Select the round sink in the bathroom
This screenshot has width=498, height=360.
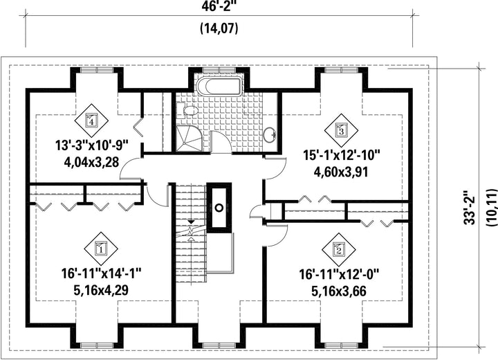[x=270, y=134]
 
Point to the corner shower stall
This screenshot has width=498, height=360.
[x=189, y=138]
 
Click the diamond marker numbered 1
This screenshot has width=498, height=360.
[x=101, y=249]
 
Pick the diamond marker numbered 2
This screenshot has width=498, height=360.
[x=339, y=251]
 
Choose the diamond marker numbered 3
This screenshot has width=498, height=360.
[x=341, y=130]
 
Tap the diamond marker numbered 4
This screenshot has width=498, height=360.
[x=91, y=121]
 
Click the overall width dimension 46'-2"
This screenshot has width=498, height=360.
[x=219, y=6]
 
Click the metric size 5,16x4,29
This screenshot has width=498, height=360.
[x=101, y=290]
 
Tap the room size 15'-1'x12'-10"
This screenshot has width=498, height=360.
[x=341, y=156]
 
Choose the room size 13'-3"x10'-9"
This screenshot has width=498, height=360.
[x=91, y=146]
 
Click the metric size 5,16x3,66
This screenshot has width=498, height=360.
[x=339, y=291]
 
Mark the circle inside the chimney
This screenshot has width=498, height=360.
[x=219, y=208]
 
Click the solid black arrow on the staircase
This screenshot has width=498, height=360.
[x=191, y=221]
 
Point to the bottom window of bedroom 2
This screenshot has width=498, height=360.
[x=341, y=345]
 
